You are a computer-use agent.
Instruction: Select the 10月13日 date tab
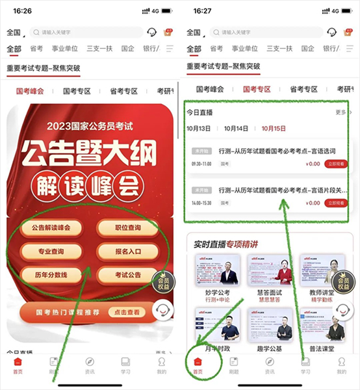pos(199,128)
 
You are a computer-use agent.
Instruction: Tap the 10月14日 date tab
pos(236,128)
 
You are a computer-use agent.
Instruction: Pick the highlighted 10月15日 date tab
pos(274,128)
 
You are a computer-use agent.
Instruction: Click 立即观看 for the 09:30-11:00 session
pos(336,164)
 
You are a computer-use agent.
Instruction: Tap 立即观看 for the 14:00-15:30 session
pos(336,203)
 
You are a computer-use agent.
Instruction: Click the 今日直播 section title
pos(200,112)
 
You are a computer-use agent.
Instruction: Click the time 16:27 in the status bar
pos(195,11)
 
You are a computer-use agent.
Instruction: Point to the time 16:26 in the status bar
pos(16,11)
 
